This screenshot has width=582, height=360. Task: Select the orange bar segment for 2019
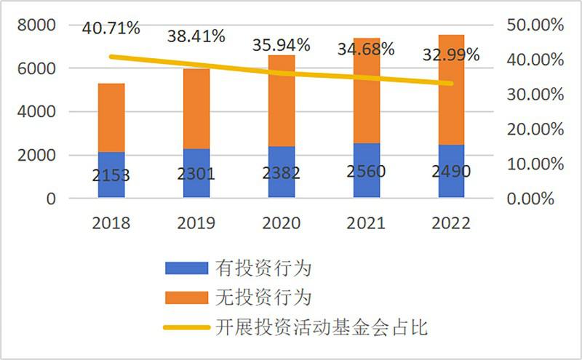pyautogui.click(x=196, y=109)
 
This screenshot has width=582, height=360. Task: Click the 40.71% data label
pyautogui.click(x=111, y=30)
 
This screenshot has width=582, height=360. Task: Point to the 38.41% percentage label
pyautogui.click(x=196, y=35)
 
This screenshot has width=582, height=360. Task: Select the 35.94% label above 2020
pyautogui.click(x=281, y=44)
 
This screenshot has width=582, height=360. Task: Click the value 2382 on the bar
pyautogui.click(x=281, y=172)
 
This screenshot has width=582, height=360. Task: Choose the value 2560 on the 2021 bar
pyautogui.click(x=366, y=172)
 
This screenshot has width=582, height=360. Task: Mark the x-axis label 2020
pyautogui.click(x=281, y=223)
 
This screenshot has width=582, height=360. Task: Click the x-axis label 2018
pyautogui.click(x=111, y=223)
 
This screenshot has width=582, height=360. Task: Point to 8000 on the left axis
pyautogui.click(x=36, y=25)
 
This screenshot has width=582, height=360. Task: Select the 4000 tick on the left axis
pyautogui.click(x=36, y=112)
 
